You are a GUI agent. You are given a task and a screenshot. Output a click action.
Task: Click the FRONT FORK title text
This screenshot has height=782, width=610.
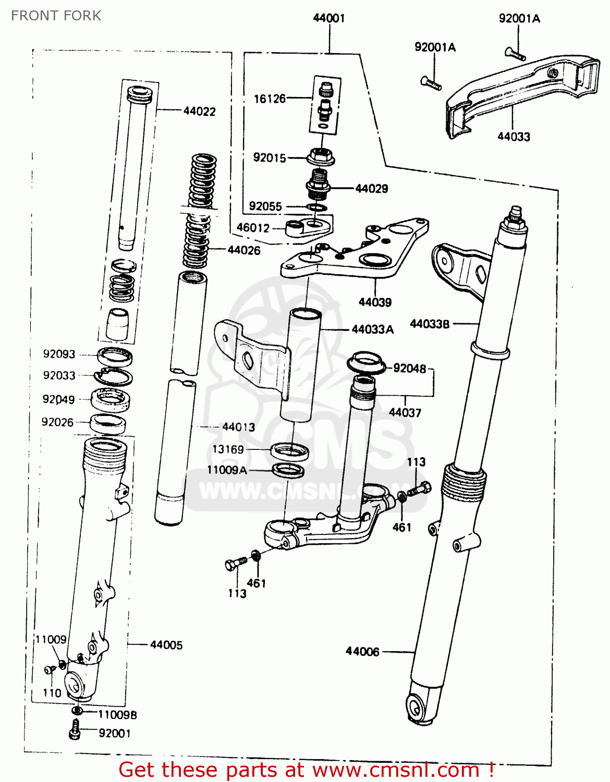coord(56,16)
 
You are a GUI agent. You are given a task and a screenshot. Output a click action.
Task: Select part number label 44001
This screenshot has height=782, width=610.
coord(329,18)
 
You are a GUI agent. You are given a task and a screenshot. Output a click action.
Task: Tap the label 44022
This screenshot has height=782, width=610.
coord(199,111)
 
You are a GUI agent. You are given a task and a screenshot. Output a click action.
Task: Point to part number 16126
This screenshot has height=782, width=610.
coord(270,99)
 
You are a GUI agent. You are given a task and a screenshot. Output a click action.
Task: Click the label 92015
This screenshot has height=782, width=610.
coord(269,157)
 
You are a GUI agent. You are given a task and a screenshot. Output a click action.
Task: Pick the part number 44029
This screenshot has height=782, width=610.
coord(371,189)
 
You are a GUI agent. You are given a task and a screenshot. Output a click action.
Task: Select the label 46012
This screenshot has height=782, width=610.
coord(253,228)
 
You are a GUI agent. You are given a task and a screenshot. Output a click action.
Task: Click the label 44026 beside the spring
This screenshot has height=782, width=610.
coord(243,250)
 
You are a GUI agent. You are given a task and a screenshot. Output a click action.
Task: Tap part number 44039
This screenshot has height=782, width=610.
coord(375,302)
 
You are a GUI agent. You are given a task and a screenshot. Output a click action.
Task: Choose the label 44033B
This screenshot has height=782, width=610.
coord(430,324)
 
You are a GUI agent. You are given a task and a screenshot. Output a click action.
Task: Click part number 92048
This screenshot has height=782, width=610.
coord(409,369)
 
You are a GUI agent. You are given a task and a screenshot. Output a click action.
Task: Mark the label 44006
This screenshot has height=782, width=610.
coord(362,652)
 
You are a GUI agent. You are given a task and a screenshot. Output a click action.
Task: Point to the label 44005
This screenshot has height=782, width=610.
coord(166,645)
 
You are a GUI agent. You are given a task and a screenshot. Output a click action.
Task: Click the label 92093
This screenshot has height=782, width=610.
coord(59,355)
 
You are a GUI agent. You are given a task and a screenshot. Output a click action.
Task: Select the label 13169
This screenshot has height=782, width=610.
coord(228,449)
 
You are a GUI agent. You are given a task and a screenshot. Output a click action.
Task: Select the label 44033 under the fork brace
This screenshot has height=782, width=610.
coord(514,137)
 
